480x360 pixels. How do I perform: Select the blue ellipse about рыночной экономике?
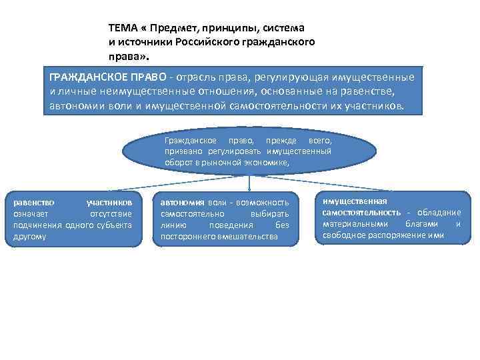tap(249, 151)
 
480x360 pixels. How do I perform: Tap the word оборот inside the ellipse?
tap(177, 162)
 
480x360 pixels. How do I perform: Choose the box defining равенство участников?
tap(73, 219)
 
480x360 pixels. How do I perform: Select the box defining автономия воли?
tap(225, 219)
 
